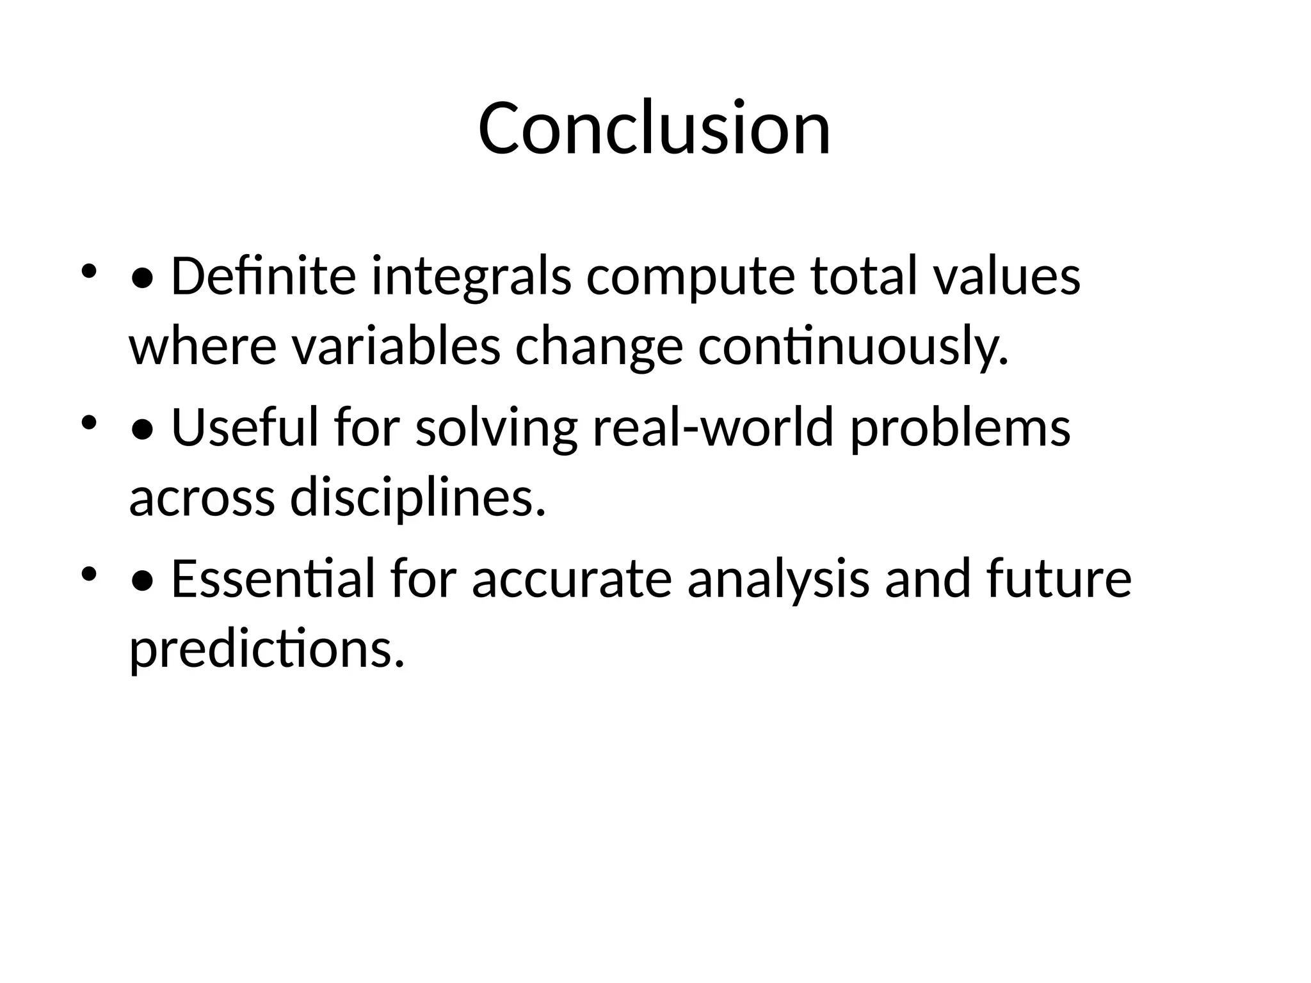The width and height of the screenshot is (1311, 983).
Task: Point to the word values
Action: [1007, 276]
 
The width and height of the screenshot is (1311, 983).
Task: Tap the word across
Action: [202, 502]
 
